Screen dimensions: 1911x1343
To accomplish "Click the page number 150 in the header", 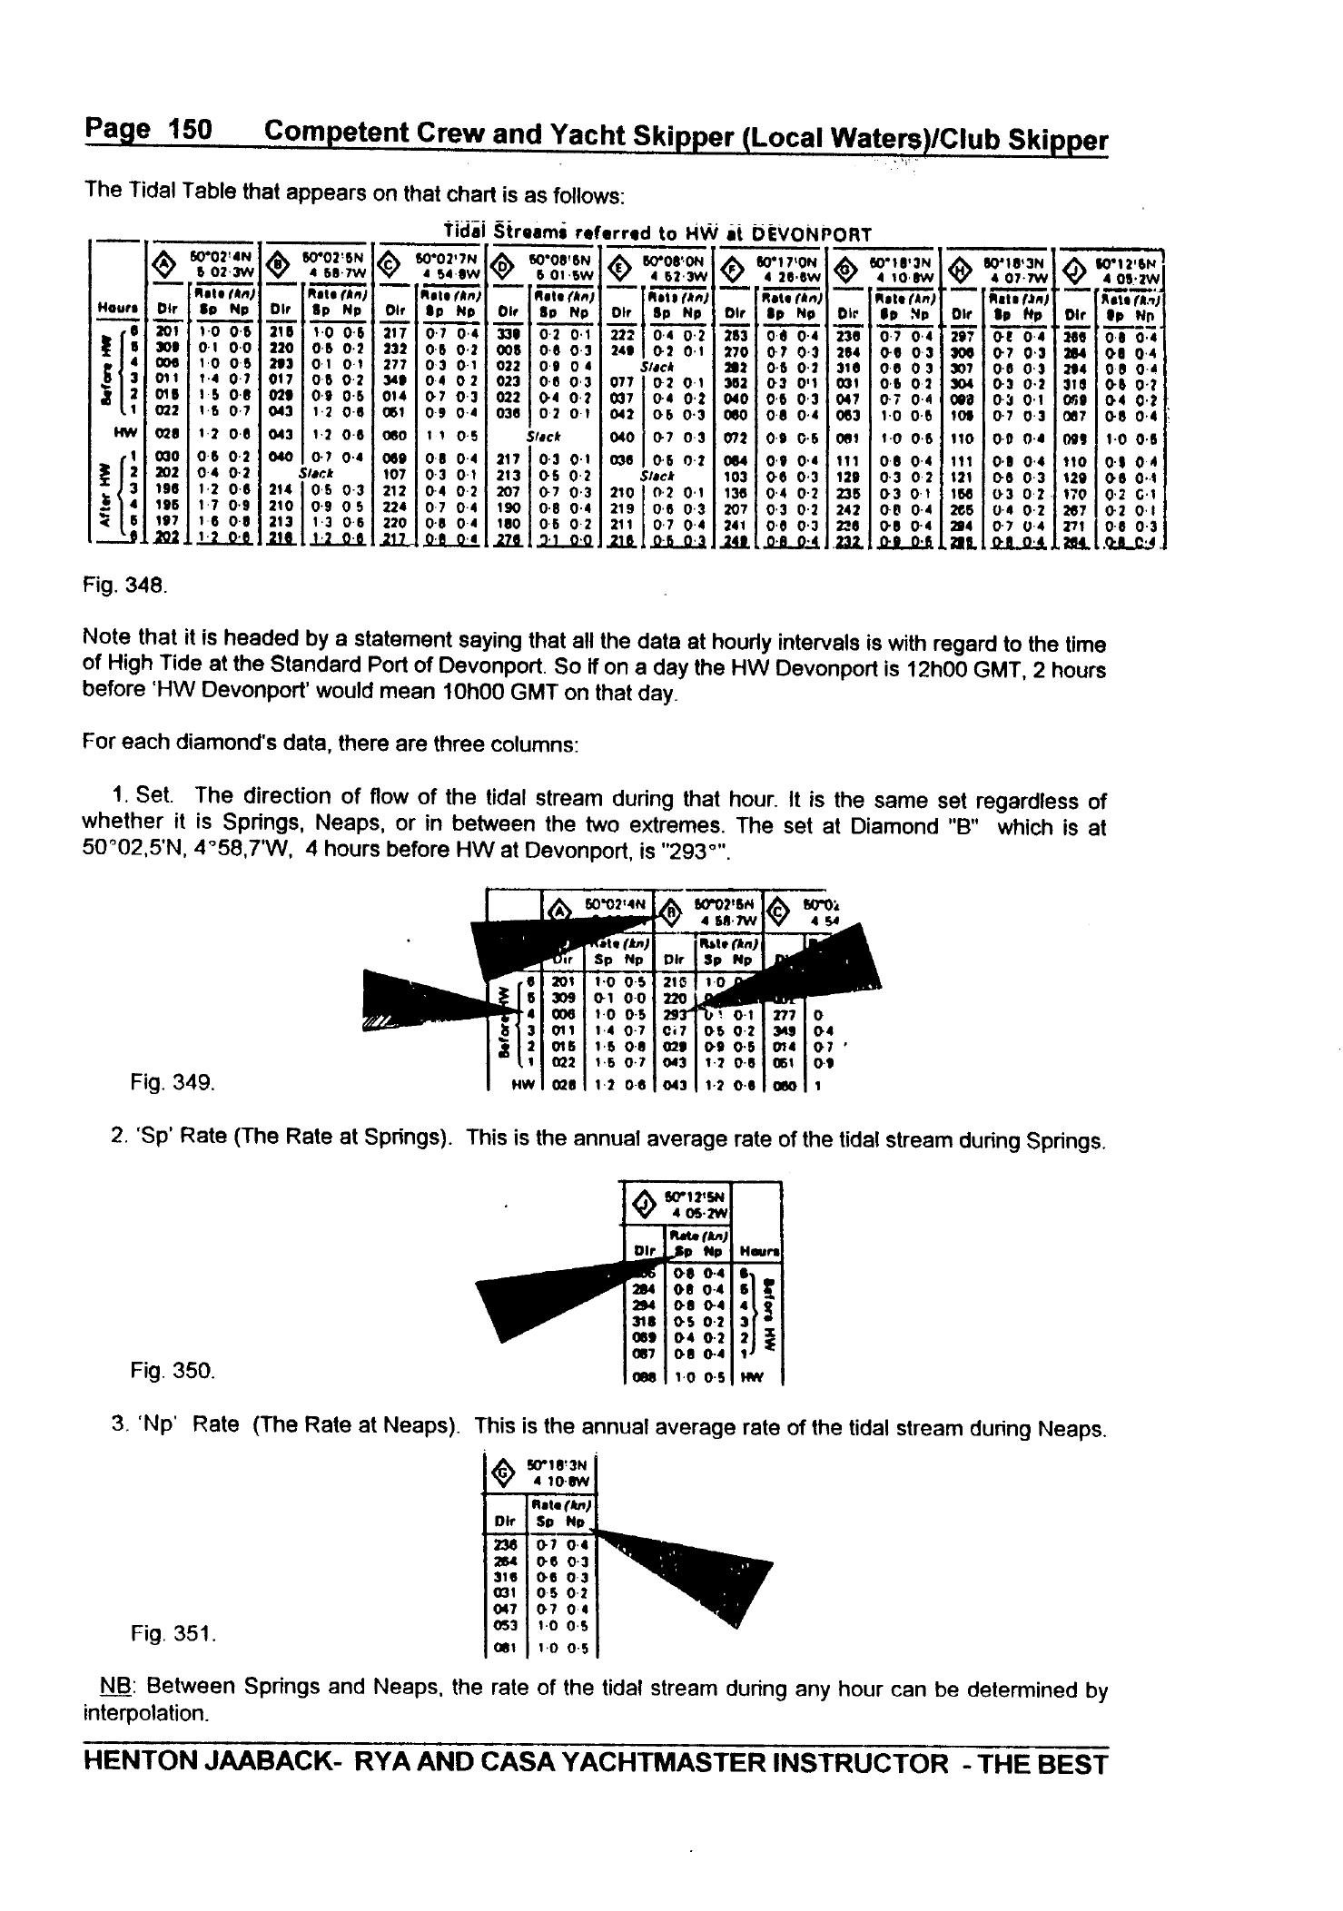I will coord(190,130).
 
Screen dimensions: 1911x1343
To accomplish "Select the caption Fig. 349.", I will coord(173,1082).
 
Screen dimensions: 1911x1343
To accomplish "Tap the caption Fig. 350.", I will coord(173,1371).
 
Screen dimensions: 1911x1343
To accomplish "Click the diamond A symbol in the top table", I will coord(163,264).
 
